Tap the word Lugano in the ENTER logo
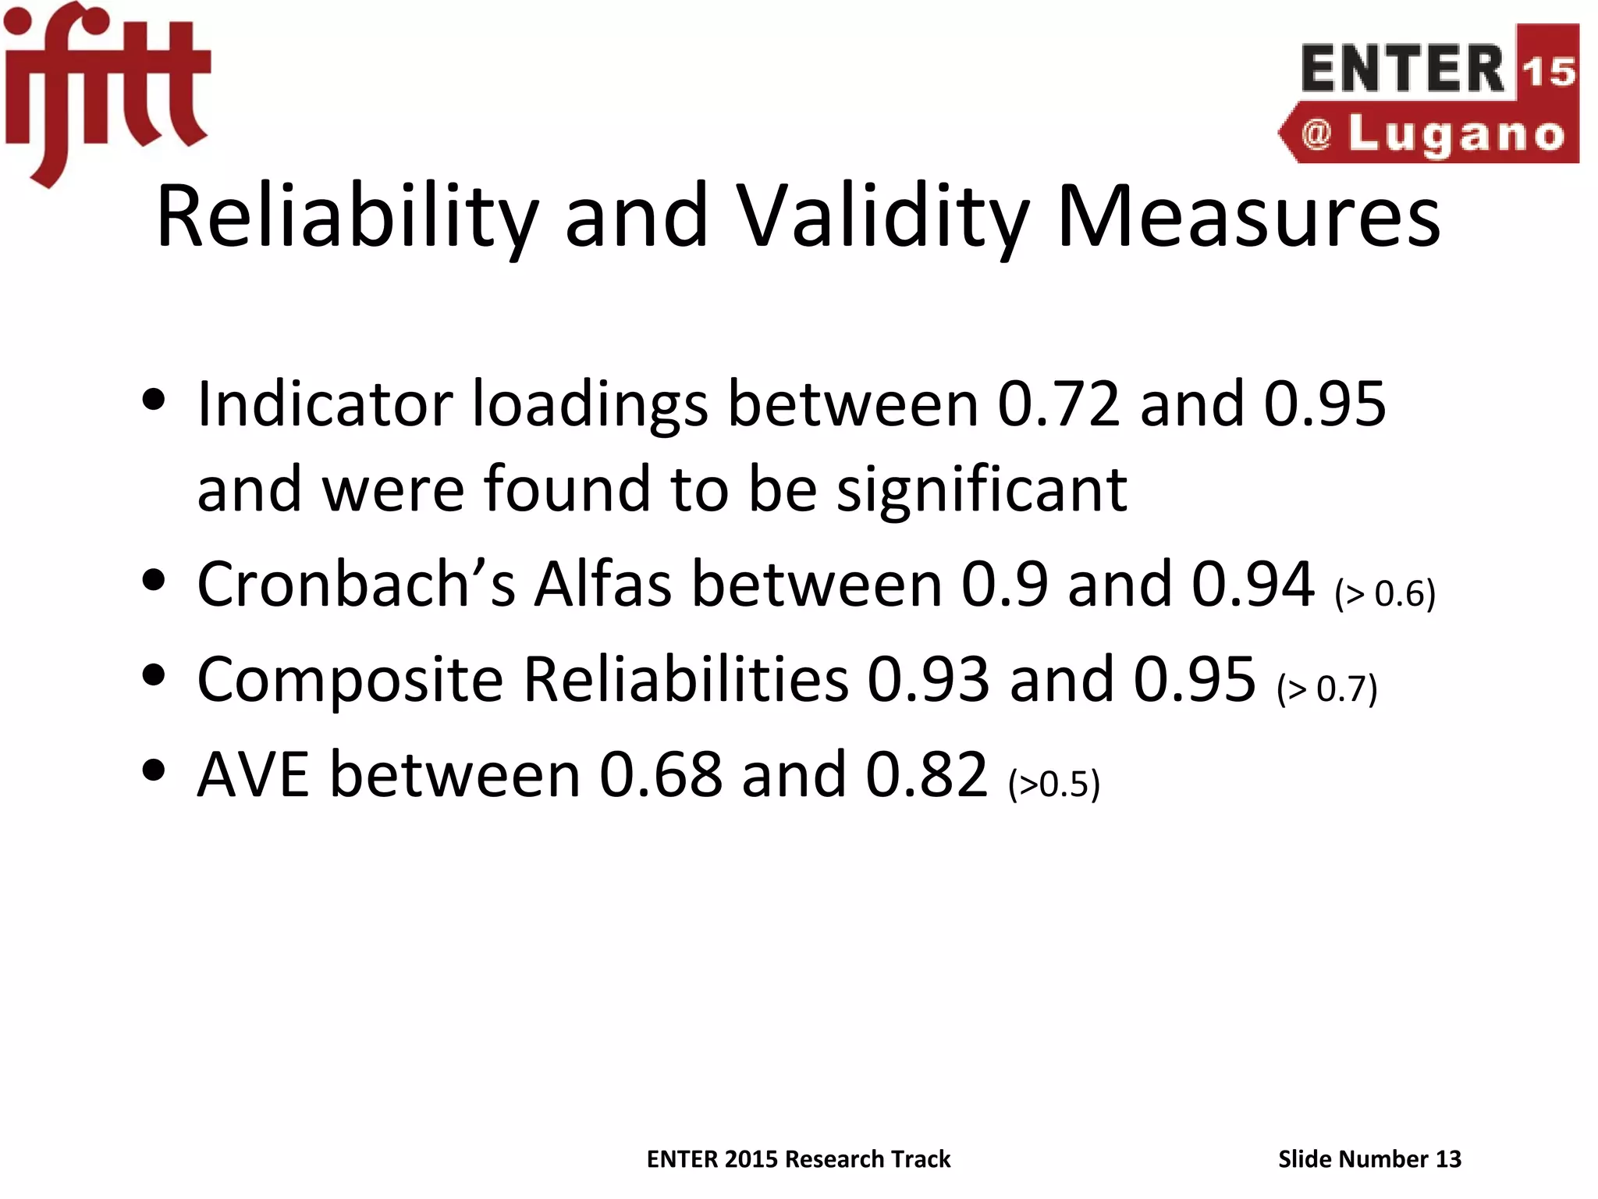(1456, 135)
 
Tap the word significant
(982, 489)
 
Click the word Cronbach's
(356, 584)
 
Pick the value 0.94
(1253, 584)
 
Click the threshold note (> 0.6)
(1385, 593)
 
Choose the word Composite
(350, 679)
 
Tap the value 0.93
(929, 679)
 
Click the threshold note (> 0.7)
(1327, 688)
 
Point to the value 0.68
(661, 774)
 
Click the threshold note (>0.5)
(1054, 784)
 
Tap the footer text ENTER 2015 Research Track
(798, 1159)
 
